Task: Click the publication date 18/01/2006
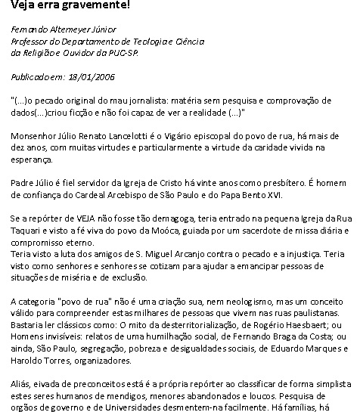pyautogui.click(x=95, y=76)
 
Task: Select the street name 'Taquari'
pyautogui.click(x=27, y=230)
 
